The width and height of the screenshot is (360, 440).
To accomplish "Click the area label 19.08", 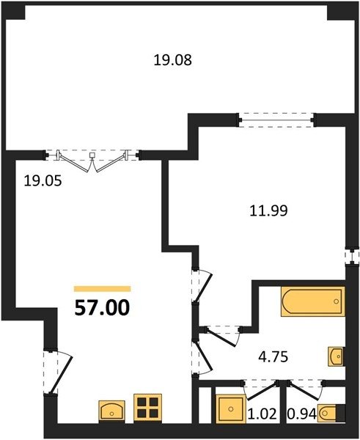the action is pyautogui.click(x=172, y=60).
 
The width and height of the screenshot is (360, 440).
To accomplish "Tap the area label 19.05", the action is pyautogui.click(x=43, y=180).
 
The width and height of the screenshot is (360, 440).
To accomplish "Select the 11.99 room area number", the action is pyautogui.click(x=268, y=210).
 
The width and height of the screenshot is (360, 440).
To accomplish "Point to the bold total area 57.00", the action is pyautogui.click(x=102, y=307).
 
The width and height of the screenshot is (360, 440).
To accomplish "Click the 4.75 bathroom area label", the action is pyautogui.click(x=273, y=357).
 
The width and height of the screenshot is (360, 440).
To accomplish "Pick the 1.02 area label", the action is pyautogui.click(x=262, y=414).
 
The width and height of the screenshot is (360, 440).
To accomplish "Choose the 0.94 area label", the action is pyautogui.click(x=302, y=414).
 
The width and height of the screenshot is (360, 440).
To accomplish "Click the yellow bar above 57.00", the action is pyautogui.click(x=103, y=289).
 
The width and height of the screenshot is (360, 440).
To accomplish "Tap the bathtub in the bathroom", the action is pyautogui.click(x=312, y=301).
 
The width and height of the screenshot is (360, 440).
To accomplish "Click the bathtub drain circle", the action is pyautogui.click(x=336, y=301).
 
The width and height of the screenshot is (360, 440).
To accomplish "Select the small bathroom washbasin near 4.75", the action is pyautogui.click(x=336, y=356).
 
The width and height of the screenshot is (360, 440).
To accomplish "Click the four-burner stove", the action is pyautogui.click(x=147, y=408).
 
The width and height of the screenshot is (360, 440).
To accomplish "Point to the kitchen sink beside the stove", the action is pyautogui.click(x=111, y=410).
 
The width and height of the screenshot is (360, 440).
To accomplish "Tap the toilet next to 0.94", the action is pyautogui.click(x=328, y=413).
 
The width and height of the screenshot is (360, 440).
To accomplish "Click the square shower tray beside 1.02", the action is pyautogui.click(x=231, y=409).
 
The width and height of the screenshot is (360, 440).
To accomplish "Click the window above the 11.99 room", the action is pyautogui.click(x=276, y=120).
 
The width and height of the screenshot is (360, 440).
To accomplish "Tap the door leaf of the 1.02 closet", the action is pyautogui.click(x=262, y=390).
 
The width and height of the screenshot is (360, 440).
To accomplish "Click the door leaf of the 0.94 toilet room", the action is pyautogui.click(x=304, y=390).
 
